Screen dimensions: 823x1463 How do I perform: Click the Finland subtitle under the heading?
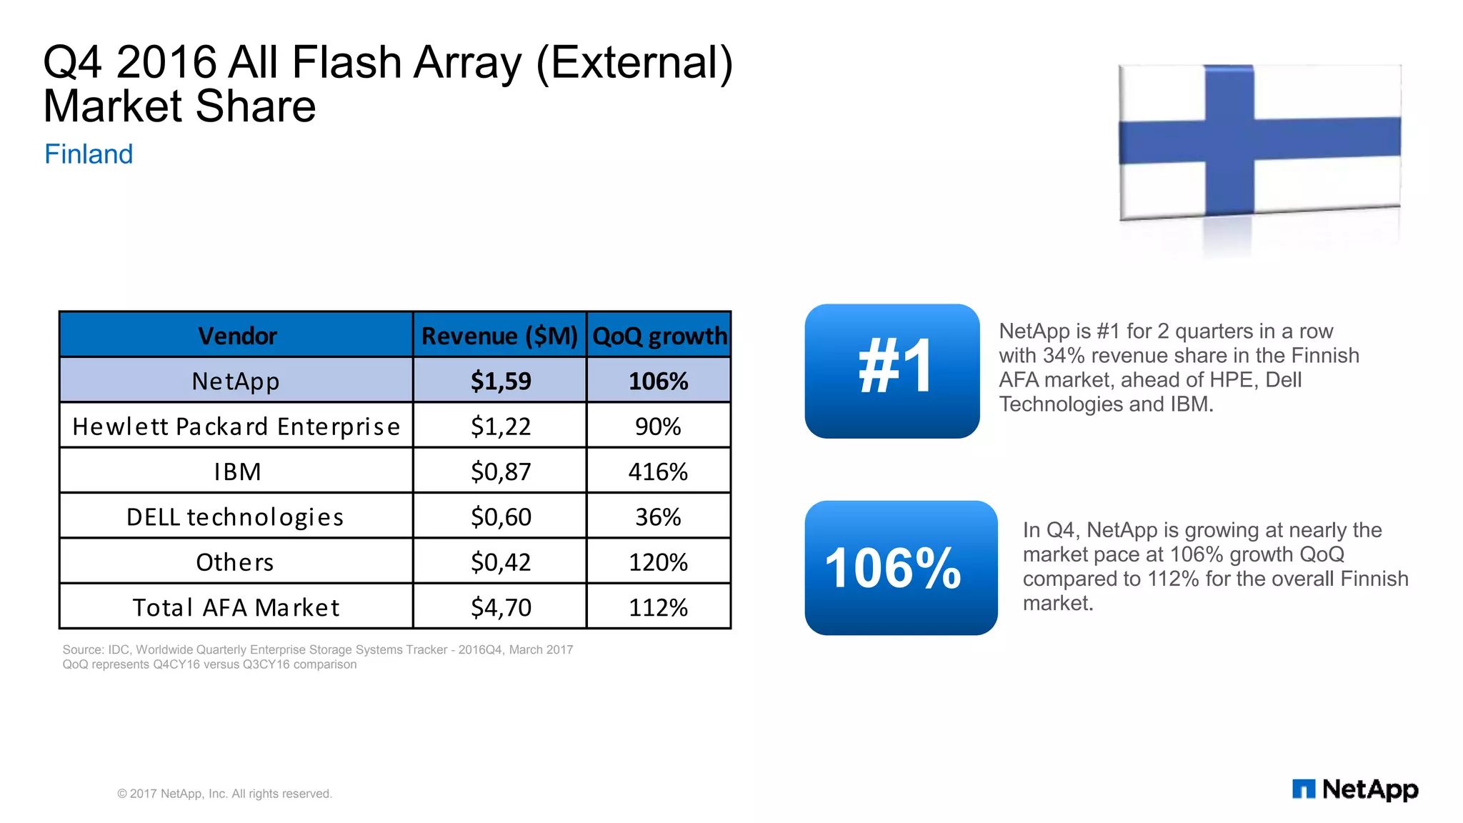[89, 154]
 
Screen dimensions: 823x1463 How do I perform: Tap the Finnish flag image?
[1259, 141]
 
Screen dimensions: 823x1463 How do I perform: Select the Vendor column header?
[236, 335]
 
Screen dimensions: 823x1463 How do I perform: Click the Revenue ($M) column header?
[499, 335]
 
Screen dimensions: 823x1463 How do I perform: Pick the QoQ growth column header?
[659, 335]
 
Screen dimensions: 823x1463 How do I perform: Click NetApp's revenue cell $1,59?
[500, 381]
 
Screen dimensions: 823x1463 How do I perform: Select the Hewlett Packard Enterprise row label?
[236, 427]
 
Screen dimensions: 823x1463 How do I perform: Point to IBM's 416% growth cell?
[658, 472]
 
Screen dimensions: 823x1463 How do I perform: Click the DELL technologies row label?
[235, 517]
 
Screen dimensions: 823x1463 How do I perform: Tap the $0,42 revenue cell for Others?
[500, 562]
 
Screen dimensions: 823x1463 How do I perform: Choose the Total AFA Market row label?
[236, 607]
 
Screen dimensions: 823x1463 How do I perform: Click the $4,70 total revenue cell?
[500, 607]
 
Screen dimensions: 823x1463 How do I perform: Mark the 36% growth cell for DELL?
[658, 517]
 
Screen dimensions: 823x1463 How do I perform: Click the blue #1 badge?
[892, 371]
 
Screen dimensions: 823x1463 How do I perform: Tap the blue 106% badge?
[900, 568]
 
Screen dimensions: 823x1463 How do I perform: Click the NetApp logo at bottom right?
[1355, 789]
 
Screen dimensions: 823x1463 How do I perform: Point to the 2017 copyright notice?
[224, 794]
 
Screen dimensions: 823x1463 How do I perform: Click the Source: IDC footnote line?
[317, 649]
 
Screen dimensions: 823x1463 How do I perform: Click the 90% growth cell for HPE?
[658, 427]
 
